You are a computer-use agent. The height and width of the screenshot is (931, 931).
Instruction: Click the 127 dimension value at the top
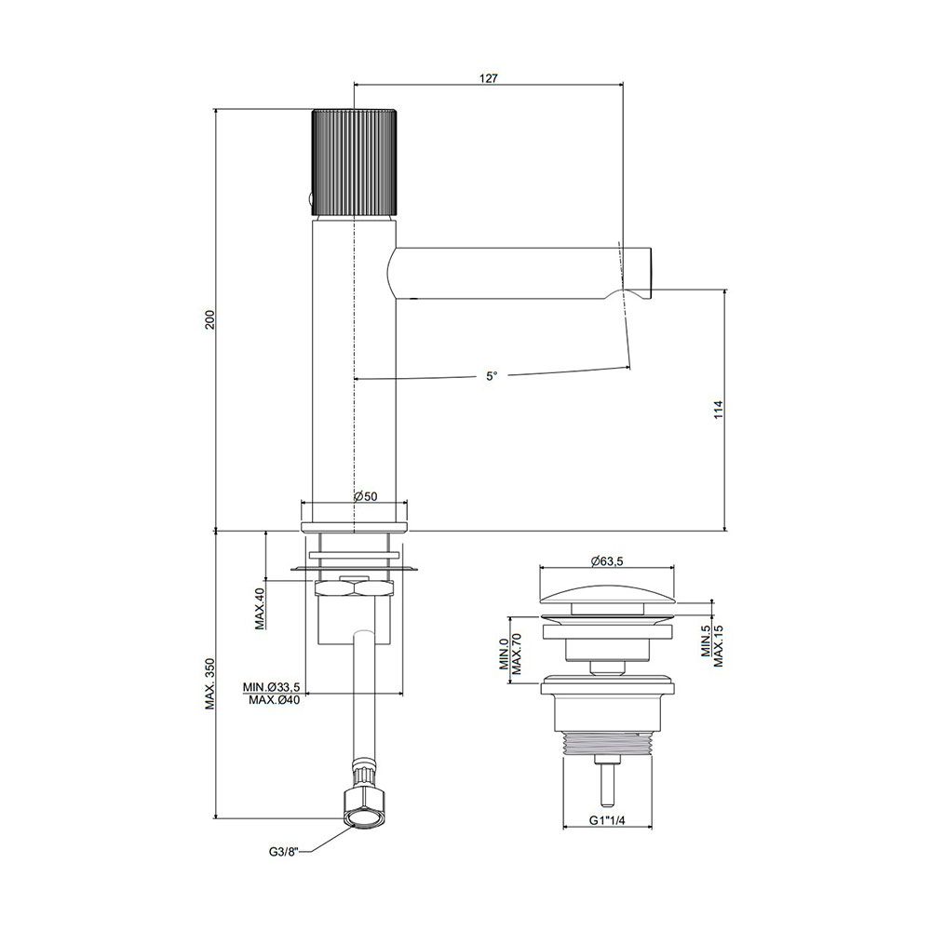point(488,78)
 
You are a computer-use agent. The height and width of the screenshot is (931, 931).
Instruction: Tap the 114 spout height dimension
point(719,411)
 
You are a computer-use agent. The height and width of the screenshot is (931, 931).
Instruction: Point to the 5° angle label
point(492,376)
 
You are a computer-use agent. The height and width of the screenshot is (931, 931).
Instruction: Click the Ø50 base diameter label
point(366,496)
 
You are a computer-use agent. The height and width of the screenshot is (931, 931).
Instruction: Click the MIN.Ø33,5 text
point(271,687)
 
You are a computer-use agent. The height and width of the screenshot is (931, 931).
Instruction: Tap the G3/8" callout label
point(283,852)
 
